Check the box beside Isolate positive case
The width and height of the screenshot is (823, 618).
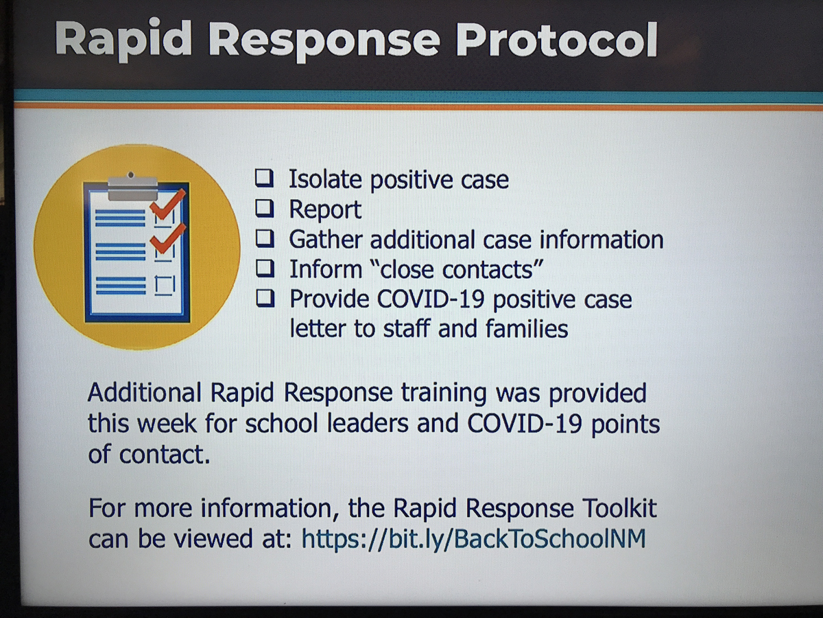pos(265,178)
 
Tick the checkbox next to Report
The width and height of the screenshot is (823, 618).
pos(265,208)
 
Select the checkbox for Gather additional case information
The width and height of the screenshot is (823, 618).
pos(265,239)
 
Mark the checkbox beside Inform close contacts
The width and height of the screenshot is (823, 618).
pos(265,268)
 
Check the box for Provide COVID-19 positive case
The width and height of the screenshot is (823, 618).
pos(265,298)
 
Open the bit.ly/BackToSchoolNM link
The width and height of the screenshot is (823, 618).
pos(473,539)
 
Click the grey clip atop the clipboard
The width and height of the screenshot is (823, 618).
pos(132,187)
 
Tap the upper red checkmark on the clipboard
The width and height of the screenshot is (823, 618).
pos(167,205)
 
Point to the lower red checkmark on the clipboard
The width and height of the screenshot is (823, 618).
pos(167,239)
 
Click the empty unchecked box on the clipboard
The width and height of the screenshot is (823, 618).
pos(165,286)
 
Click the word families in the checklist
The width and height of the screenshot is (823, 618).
pos(527,329)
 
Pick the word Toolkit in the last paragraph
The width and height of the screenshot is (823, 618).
pos(620,508)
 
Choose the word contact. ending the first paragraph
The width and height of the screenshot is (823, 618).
pos(164,455)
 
